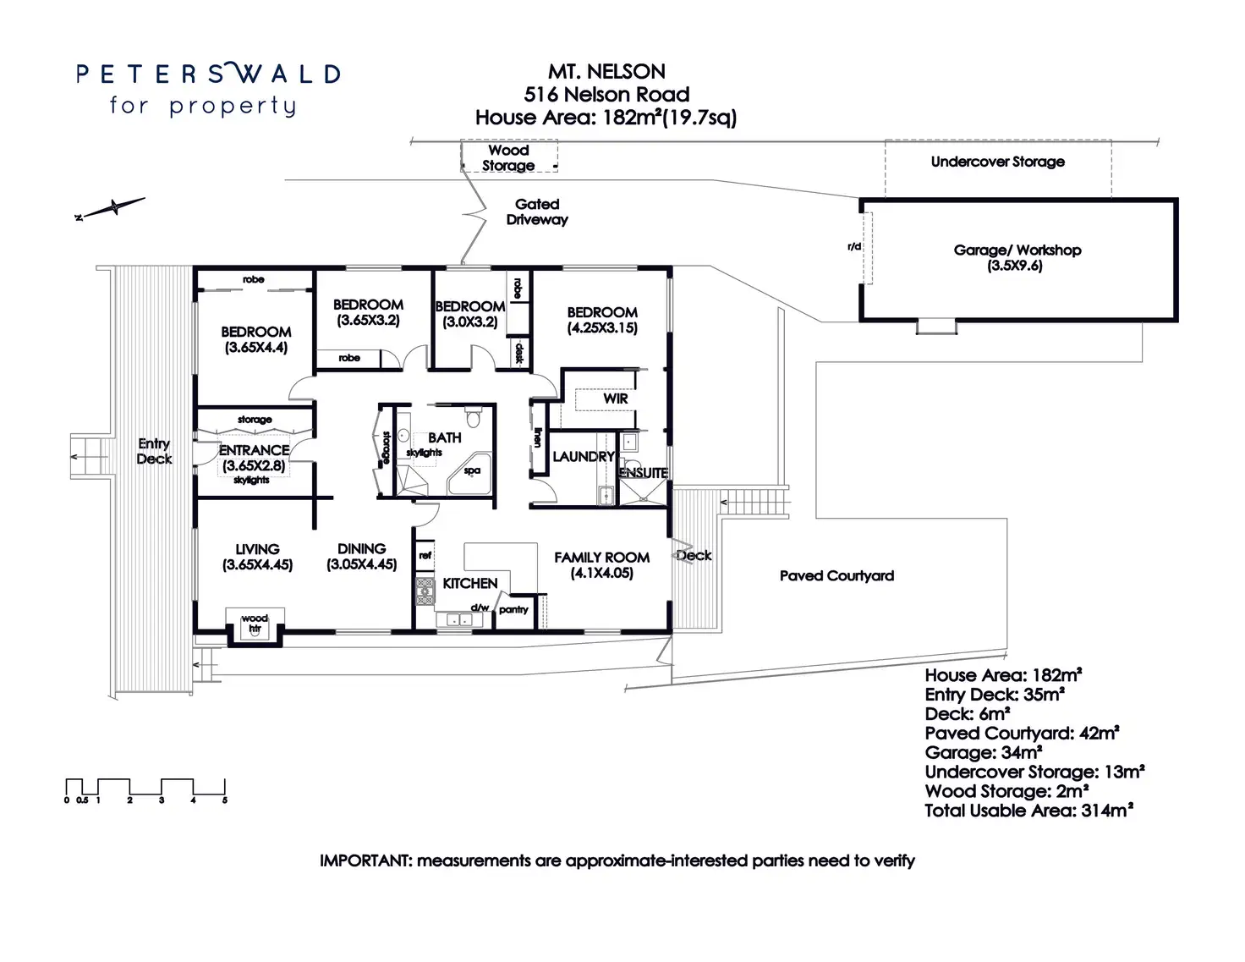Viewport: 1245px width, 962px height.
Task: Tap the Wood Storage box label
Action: tap(508, 157)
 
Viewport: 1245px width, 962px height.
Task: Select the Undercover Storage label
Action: tap(997, 162)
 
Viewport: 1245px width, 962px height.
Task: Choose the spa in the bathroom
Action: tap(471, 471)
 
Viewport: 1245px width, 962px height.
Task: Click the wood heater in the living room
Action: tap(254, 624)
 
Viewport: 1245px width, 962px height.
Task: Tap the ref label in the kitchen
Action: tap(425, 556)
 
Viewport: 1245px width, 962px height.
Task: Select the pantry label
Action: tap(513, 609)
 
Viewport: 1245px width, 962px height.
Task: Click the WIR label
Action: tap(615, 399)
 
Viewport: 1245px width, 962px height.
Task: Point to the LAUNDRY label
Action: tap(583, 457)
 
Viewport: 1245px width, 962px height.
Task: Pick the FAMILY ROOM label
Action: tap(601, 558)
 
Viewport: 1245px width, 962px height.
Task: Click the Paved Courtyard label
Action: tap(836, 576)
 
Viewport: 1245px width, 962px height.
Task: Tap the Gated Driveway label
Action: tap(537, 212)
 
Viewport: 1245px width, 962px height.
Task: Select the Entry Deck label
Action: tap(154, 451)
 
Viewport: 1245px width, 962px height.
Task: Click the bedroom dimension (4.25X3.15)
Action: tap(602, 328)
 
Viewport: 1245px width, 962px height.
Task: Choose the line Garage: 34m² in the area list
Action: tap(983, 753)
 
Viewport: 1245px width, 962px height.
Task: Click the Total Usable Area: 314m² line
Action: tap(1028, 811)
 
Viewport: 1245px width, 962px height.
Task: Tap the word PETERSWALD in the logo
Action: tap(208, 74)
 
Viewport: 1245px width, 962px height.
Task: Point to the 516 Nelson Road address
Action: tap(606, 95)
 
